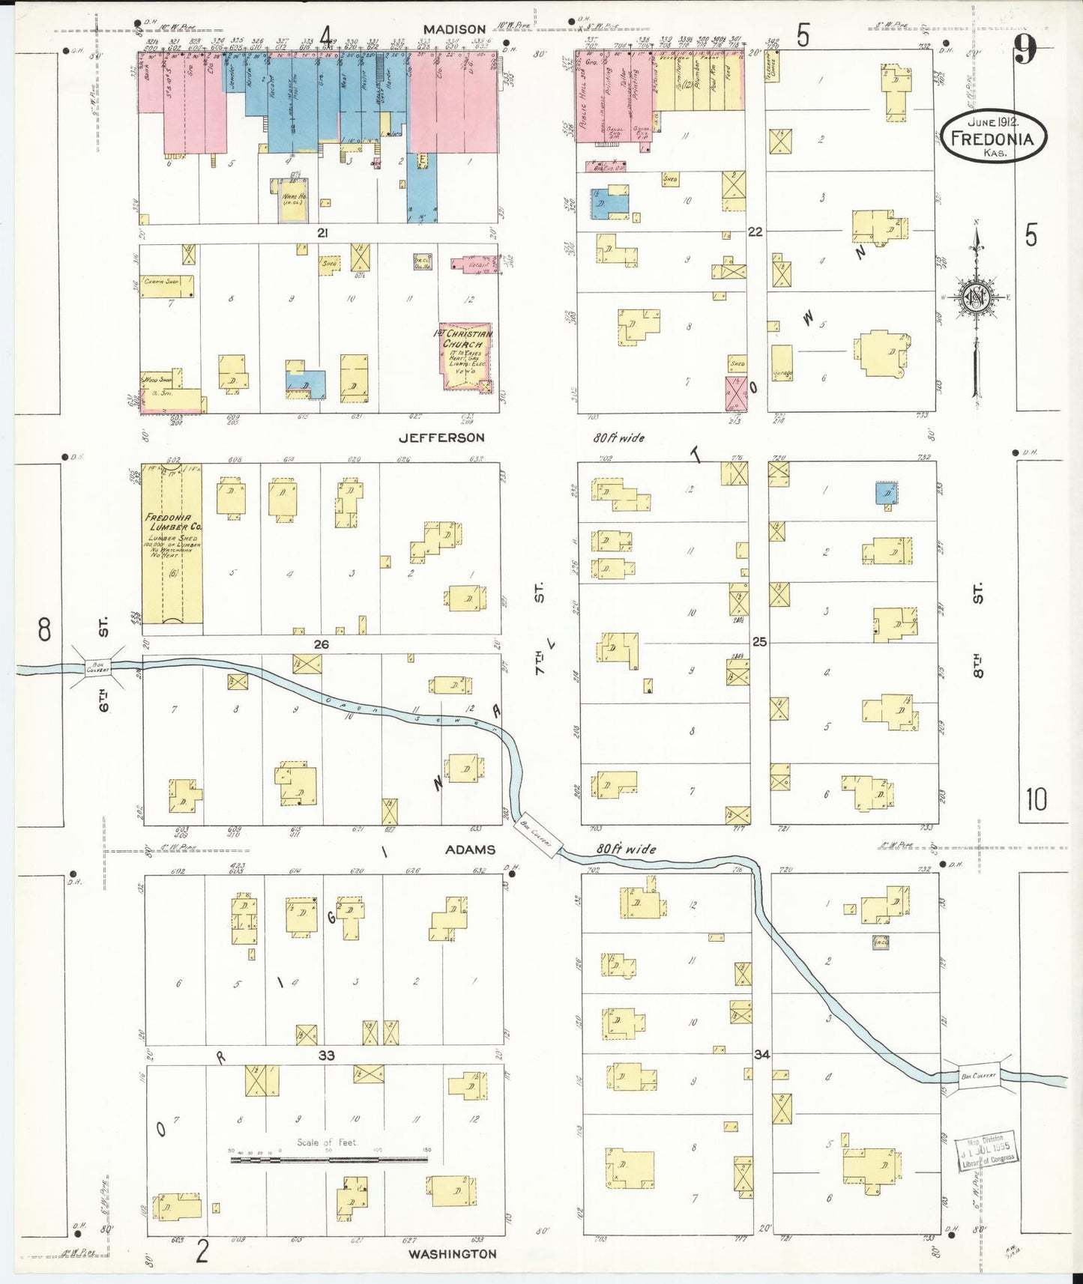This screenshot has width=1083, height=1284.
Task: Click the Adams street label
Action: point(470,850)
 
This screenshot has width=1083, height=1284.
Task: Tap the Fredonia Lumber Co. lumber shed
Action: point(172,551)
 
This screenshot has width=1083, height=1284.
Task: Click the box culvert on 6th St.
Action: point(97,666)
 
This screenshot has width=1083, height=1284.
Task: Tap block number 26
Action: point(322,644)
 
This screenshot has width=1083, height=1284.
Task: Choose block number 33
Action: point(326,1056)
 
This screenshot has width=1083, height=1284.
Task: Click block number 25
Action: point(759,642)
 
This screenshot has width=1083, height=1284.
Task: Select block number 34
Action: point(761,1054)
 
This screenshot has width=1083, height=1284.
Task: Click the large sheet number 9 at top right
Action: point(1025,51)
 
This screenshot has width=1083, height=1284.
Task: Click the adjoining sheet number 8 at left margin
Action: point(44,629)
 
